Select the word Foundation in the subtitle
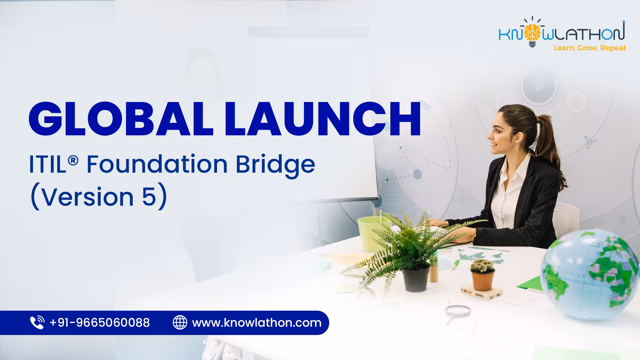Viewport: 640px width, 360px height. (x=157, y=164)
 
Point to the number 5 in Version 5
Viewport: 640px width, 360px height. (x=149, y=197)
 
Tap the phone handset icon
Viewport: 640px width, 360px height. (x=37, y=323)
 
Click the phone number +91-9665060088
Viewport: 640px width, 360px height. (x=100, y=323)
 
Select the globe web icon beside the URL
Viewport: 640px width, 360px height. (x=180, y=323)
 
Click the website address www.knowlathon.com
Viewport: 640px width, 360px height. (x=257, y=323)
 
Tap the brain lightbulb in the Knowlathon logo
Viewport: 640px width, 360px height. (x=532, y=33)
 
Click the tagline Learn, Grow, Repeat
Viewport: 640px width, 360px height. (x=590, y=48)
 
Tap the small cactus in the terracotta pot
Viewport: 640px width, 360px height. (x=482, y=266)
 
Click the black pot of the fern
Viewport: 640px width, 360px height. (x=416, y=279)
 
